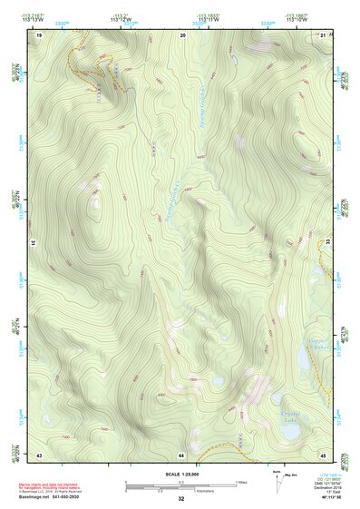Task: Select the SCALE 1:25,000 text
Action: pos(181,474)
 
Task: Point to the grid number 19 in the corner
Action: pos(39,34)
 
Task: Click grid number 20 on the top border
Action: pos(182,34)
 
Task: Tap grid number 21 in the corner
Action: pos(324,34)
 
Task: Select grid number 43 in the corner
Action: pos(39,453)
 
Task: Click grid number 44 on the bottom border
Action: pos(182,453)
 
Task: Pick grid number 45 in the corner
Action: pos(324,453)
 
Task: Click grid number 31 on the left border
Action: pos(34,243)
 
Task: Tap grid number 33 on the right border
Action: pos(328,243)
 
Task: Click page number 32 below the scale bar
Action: pos(181,499)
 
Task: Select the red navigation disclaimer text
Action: pos(56,485)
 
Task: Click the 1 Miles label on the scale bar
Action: pos(241,481)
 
